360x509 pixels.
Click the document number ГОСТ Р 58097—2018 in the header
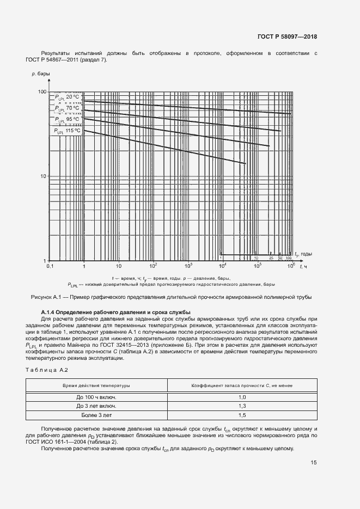tap(287, 37)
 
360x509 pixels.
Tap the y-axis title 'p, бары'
tap(41, 73)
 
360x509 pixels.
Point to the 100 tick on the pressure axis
tap(41, 91)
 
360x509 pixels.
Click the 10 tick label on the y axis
tap(43, 176)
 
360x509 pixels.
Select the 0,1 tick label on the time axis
tap(50, 266)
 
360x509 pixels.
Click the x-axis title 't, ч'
tap(304, 266)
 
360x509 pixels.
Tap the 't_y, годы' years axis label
tap(304, 254)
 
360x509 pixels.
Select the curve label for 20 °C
tap(67, 97)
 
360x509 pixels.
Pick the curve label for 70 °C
tap(67, 108)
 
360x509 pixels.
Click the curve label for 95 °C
tap(67, 119)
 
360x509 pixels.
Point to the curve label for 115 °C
tap(67, 131)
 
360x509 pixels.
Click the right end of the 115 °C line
tap(246, 163)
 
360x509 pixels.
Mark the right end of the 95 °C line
tap(270, 146)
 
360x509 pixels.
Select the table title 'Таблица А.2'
tap(46, 370)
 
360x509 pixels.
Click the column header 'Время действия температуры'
tap(96, 385)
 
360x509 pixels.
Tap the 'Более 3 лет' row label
tap(96, 415)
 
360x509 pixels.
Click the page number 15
tap(313, 463)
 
